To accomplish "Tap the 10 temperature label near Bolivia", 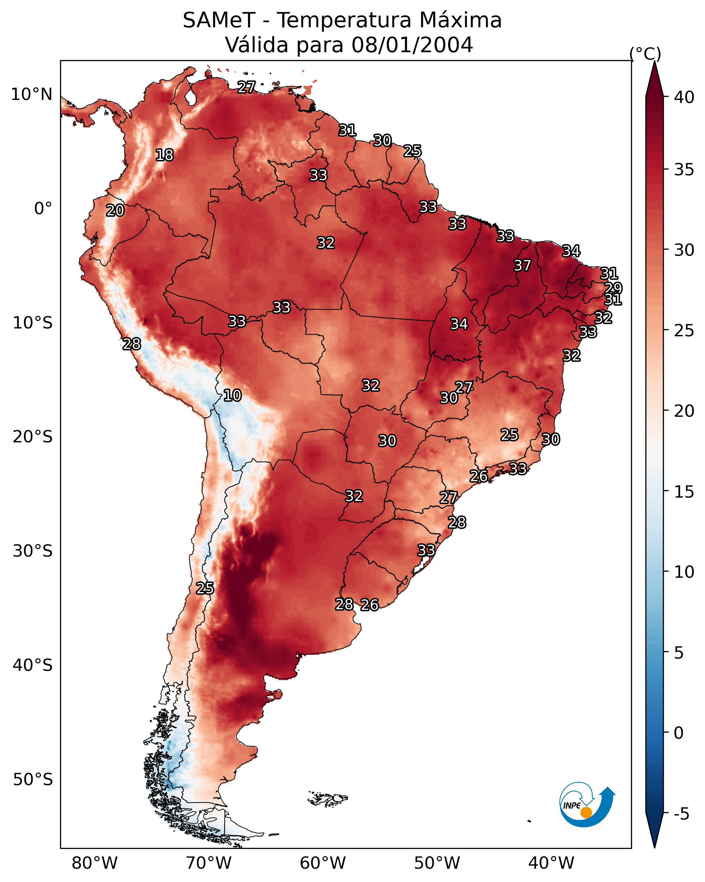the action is pyautogui.click(x=232, y=395).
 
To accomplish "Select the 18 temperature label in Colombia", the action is pyautogui.click(x=164, y=155).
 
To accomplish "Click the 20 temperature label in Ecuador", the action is pyautogui.click(x=115, y=210).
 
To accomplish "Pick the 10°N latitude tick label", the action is pyautogui.click(x=31, y=94).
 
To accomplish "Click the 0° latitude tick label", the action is pyautogui.click(x=43, y=209).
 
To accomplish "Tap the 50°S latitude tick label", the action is pyautogui.click(x=33, y=779).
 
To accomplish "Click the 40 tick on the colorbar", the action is pyautogui.click(x=684, y=97).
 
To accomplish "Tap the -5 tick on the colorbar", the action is pyautogui.click(x=682, y=814).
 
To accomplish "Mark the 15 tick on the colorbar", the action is pyautogui.click(x=684, y=492).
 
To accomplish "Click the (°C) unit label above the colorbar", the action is pyautogui.click(x=645, y=54).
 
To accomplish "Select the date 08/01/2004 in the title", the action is pyautogui.click(x=412, y=45).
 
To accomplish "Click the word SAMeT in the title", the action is pyautogui.click(x=219, y=20).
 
